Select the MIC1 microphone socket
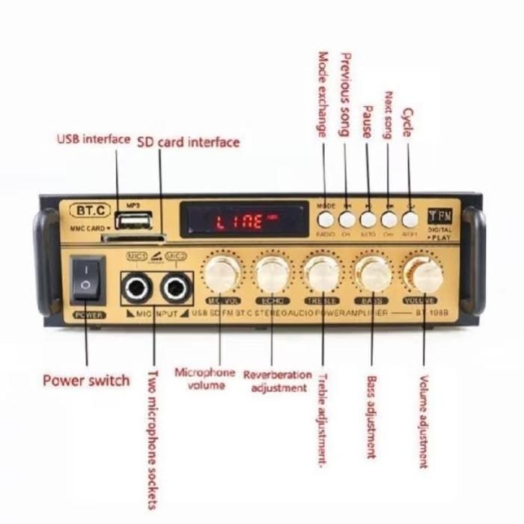137,287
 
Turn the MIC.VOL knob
222,275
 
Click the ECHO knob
272,275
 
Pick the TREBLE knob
323,275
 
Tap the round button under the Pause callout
368,219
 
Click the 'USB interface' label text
94,139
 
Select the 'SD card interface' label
188,142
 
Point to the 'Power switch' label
86,380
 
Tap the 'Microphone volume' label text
204,379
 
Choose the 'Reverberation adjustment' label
278,381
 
